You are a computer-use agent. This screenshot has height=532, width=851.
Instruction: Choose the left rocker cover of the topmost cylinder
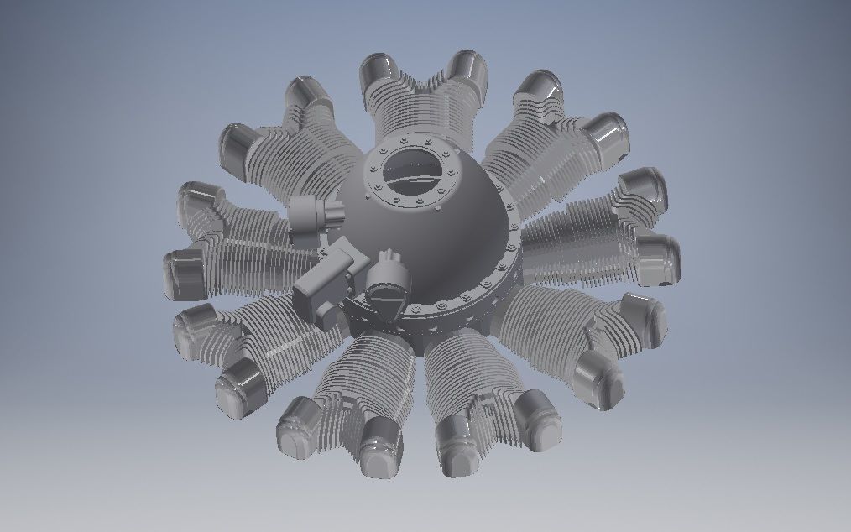[379, 74]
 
